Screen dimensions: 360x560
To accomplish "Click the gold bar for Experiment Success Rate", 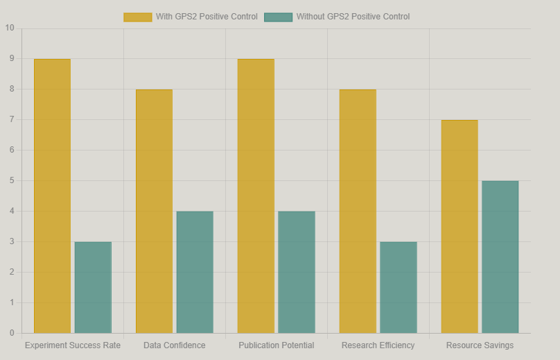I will [52, 196].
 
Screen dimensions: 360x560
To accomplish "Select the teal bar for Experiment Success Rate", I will [93, 287].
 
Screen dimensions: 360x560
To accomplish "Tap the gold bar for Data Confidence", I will [154, 211].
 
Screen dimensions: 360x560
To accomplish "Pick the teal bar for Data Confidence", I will [195, 272].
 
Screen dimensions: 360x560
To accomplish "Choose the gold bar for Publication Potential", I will [256, 196].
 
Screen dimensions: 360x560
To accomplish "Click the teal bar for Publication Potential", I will [297, 272].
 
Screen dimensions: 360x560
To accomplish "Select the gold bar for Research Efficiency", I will [358, 211].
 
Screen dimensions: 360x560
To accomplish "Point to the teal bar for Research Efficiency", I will [399, 287].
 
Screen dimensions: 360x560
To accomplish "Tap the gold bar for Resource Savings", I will [460, 226].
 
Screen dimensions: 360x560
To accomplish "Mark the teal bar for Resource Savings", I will [500, 257].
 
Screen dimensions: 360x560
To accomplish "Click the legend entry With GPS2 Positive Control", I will [191, 17].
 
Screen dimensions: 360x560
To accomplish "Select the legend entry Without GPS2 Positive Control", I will [337, 17].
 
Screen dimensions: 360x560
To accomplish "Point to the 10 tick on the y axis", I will [9, 28].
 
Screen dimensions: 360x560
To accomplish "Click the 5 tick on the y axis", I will [11, 180].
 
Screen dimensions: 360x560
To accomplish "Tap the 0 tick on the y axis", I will [11, 333].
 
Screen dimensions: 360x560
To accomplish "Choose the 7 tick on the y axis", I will [11, 119].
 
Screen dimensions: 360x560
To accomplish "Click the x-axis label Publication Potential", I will [277, 345].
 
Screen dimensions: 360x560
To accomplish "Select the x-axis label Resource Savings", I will [480, 345].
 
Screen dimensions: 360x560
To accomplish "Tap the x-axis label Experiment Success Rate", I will [73, 345].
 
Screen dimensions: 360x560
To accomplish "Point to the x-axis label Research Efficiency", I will [378, 345].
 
